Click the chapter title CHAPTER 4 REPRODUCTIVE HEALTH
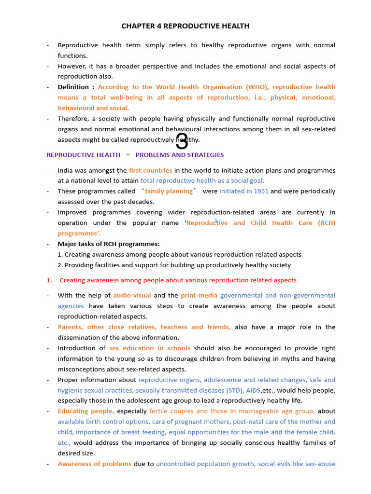coord(185,26)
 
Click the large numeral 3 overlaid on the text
coord(182,141)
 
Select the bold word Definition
coord(73,87)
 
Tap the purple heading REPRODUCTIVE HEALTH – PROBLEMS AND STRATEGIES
coord(135,155)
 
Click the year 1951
coord(260,192)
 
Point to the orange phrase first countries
coord(150,171)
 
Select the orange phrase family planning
coord(169,192)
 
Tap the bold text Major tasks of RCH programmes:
coord(109,244)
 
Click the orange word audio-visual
coord(132,296)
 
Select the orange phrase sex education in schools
coord(150,348)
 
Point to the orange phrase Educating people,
coord(86,412)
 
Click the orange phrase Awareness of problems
coord(95,464)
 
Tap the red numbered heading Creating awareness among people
coord(178,280)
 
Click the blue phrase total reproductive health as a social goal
coord(202,181)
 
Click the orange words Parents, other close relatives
coord(106,327)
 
